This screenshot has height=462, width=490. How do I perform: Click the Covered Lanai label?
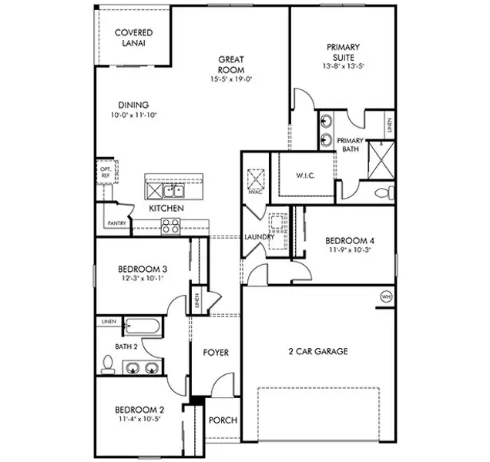pyautogui.click(x=133, y=38)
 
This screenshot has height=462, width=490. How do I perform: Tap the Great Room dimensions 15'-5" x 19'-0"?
pyautogui.click(x=231, y=79)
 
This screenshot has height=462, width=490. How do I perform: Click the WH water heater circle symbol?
pyautogui.click(x=385, y=296)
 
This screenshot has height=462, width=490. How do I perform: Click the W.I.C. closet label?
pyautogui.click(x=307, y=175)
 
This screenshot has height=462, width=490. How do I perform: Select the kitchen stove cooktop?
pyautogui.click(x=171, y=226)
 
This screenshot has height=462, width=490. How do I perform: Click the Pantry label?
pyautogui.click(x=116, y=224)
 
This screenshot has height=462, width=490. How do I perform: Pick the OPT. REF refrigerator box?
pyautogui.click(x=105, y=172)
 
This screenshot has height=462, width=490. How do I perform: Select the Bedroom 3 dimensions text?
pyautogui.click(x=143, y=280)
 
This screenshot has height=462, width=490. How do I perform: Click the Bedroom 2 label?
pyautogui.click(x=139, y=410)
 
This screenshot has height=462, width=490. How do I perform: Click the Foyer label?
pyautogui.click(x=216, y=353)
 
